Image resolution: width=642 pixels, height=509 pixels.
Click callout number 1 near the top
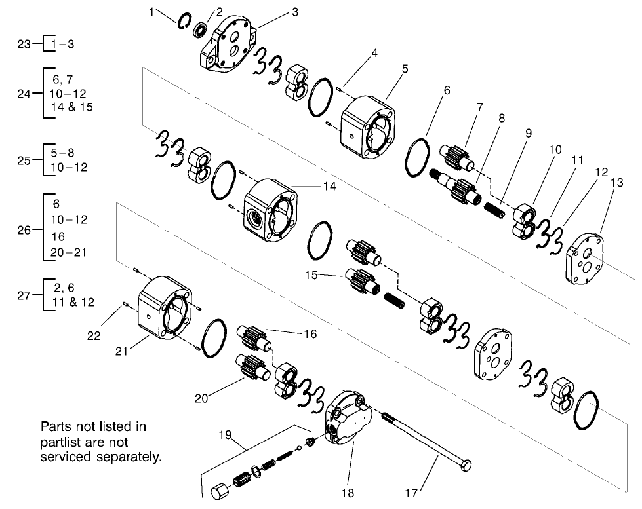coord(153,12)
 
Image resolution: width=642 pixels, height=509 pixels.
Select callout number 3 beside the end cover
coord(294,12)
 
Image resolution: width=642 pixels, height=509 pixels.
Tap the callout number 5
coord(405,68)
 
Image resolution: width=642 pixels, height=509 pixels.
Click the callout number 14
coord(329,186)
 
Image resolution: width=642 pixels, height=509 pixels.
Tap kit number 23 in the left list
coord(24,45)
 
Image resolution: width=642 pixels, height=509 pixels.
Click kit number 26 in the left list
coord(24,231)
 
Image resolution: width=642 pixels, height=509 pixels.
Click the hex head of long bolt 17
coord(464,467)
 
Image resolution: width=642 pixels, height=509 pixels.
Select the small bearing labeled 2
coord(201,29)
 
